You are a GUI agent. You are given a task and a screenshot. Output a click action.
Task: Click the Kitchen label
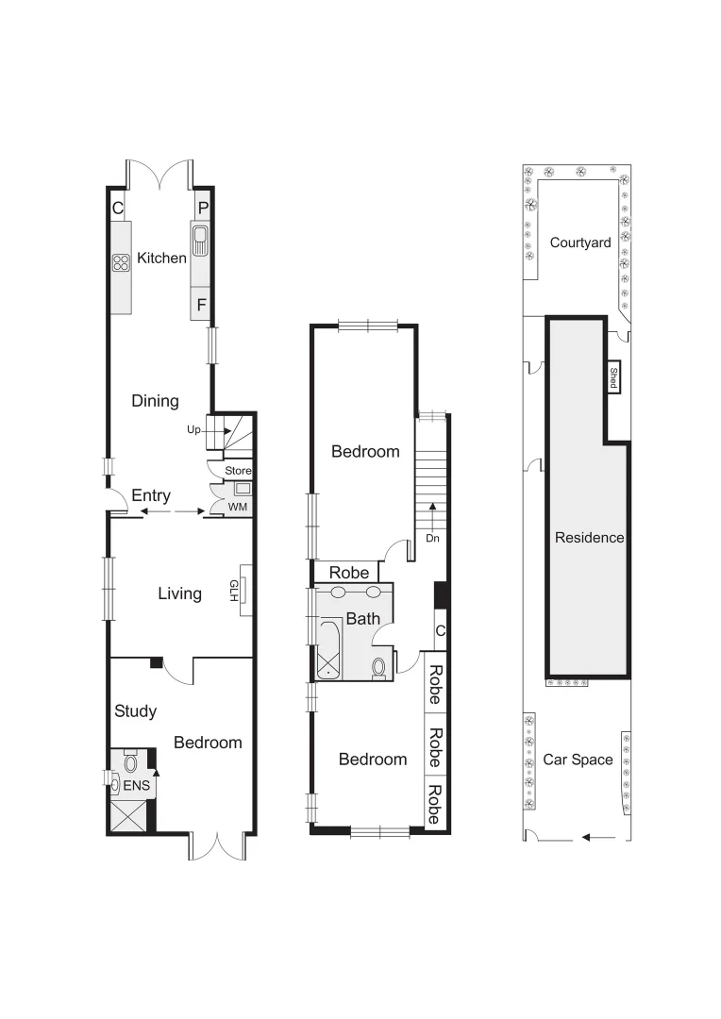tap(161, 258)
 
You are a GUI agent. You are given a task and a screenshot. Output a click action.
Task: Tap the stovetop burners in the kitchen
tap(121, 264)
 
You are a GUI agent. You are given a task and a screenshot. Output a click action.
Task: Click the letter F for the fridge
tap(201, 305)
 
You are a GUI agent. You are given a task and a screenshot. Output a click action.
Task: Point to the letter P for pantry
tap(202, 208)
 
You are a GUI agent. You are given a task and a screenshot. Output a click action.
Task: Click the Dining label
tap(155, 401)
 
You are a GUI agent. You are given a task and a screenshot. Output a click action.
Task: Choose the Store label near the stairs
tap(238, 470)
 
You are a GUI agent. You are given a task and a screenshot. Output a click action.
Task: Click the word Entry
tap(151, 495)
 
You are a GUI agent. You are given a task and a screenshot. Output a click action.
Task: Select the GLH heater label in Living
tap(234, 590)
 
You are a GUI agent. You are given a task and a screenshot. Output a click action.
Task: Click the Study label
tap(135, 710)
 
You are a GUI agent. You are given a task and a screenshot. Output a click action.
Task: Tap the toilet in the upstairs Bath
tap(379, 667)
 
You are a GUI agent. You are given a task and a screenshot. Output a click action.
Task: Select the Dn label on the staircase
tap(432, 539)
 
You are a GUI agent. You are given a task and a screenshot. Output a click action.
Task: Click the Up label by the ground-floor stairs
tap(195, 429)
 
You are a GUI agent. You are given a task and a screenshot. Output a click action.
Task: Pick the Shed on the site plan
tap(612, 378)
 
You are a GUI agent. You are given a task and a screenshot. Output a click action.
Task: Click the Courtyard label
tap(580, 242)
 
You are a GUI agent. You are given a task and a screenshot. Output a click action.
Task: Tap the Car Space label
tap(578, 760)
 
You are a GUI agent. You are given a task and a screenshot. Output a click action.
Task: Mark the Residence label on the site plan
tap(589, 538)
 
